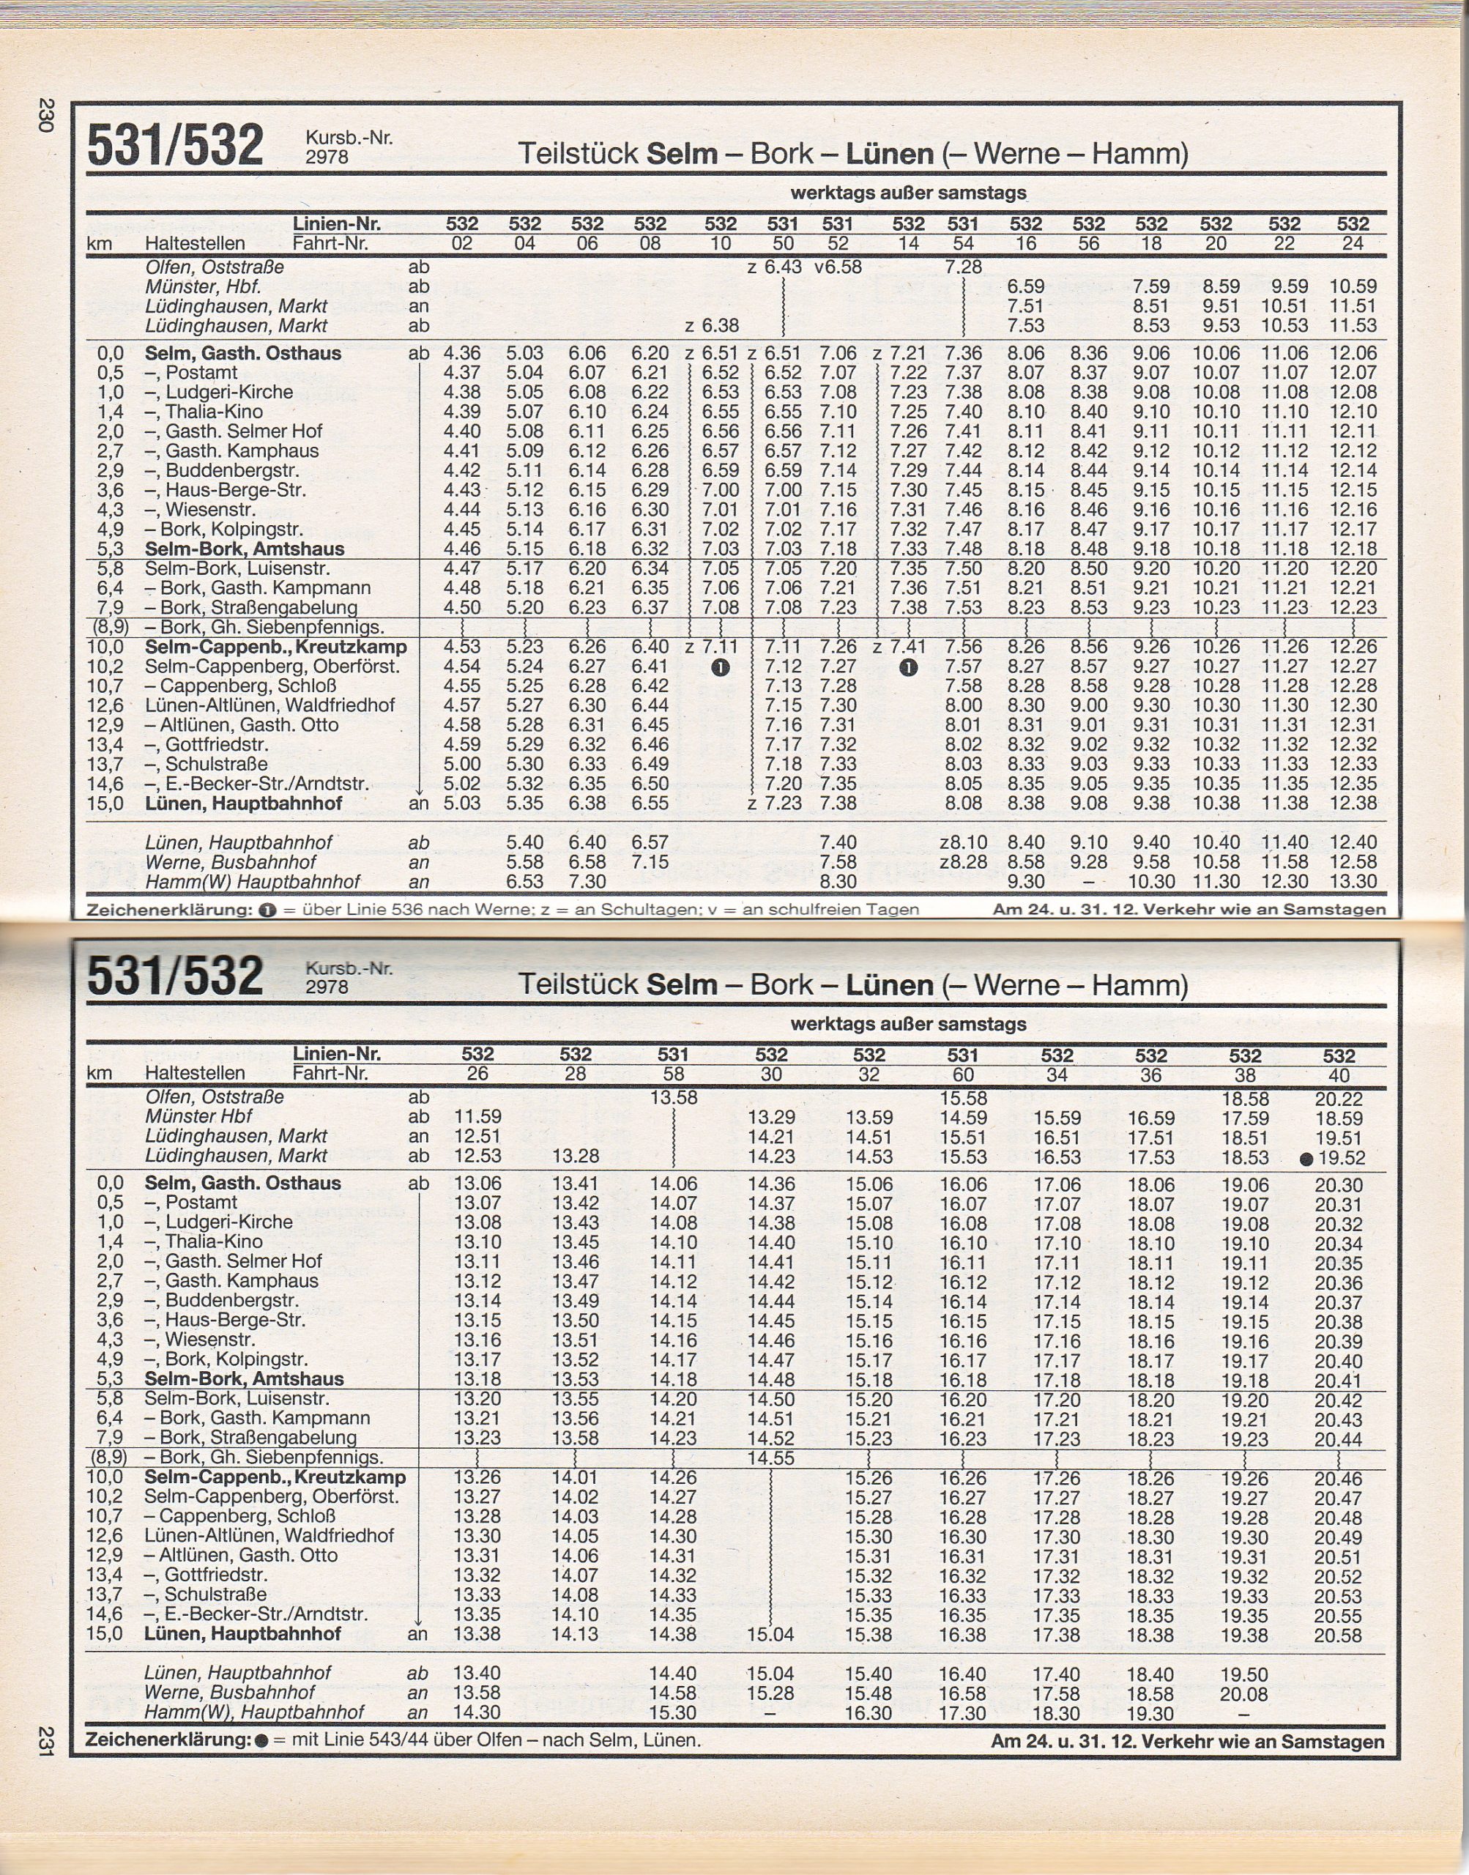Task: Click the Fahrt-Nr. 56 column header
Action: coord(1088,243)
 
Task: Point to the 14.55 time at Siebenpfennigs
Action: coord(770,1458)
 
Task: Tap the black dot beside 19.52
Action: coord(1306,1159)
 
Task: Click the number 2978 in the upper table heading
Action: coord(327,157)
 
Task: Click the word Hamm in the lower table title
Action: coord(1134,985)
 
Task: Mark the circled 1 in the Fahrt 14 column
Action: coord(908,667)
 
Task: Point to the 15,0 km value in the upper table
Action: coord(105,803)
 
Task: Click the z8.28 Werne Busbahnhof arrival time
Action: coord(963,862)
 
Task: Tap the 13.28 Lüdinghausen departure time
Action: coord(576,1156)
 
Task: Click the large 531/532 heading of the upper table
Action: coord(176,145)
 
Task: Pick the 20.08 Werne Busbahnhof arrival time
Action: coord(1243,1693)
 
